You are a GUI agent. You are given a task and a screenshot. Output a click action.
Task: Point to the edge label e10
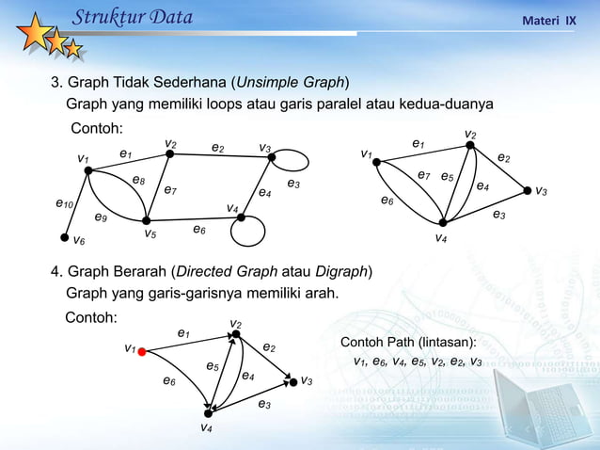(x=65, y=202)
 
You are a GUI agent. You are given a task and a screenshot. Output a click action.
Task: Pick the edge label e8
(x=138, y=180)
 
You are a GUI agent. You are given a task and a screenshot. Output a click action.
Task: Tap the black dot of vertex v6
(x=65, y=238)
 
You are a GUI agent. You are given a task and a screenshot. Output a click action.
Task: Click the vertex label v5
(x=150, y=233)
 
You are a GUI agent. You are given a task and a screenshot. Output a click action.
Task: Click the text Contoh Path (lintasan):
(x=407, y=341)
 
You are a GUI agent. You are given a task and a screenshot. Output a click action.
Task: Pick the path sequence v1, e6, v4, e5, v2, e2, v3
(x=418, y=362)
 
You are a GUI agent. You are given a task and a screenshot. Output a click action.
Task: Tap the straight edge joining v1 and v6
(x=76, y=204)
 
